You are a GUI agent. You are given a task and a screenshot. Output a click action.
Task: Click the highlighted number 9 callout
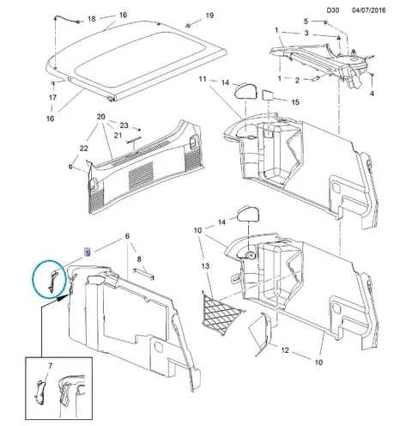pos(88,253)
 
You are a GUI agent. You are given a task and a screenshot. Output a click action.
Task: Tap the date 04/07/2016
pos(368,10)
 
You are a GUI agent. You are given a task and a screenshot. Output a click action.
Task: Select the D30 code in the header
pos(333,10)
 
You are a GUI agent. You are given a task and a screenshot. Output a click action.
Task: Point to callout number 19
pos(209,15)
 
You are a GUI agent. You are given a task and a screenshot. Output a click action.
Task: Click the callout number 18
pos(91,19)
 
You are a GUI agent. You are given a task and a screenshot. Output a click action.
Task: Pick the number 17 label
pos(52,98)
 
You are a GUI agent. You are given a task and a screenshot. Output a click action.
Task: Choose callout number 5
pos(306,21)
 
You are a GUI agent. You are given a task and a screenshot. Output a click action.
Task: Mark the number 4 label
pos(372,94)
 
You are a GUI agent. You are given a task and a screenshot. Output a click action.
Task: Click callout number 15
pos(295,102)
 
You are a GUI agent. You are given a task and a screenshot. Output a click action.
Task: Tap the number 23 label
pos(124,125)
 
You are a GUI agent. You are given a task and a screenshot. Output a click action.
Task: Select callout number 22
pos(83,149)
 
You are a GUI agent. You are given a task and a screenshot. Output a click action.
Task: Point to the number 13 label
pos(205,266)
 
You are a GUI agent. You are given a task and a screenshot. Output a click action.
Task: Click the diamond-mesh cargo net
pos(222,313)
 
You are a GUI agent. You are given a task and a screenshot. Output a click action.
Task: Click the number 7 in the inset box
pos(51,366)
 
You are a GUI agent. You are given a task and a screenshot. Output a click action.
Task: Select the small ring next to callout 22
pos(71,166)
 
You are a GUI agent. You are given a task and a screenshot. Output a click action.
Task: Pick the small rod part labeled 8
pos(143,274)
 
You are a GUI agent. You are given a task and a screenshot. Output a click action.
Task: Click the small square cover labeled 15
pos(268,94)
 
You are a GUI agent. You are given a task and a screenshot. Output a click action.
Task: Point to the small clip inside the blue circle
pos(52,282)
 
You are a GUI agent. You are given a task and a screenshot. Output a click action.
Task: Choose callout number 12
pos(285,350)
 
